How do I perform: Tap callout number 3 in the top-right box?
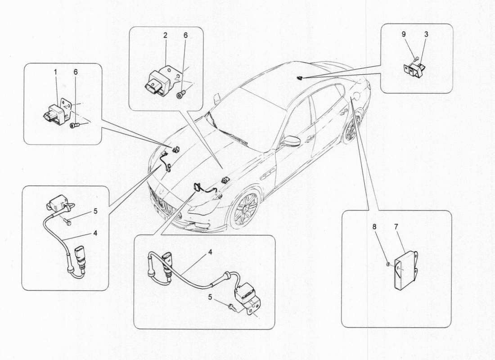point(426,34)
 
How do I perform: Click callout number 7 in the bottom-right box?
point(396,226)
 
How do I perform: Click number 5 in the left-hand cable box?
point(95,210)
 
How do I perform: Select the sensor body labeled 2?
point(158,82)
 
